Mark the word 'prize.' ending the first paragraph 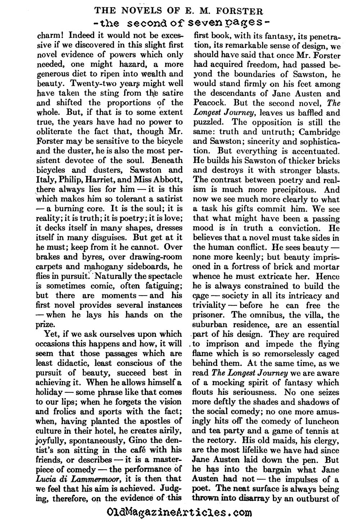(x=46, y=324)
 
